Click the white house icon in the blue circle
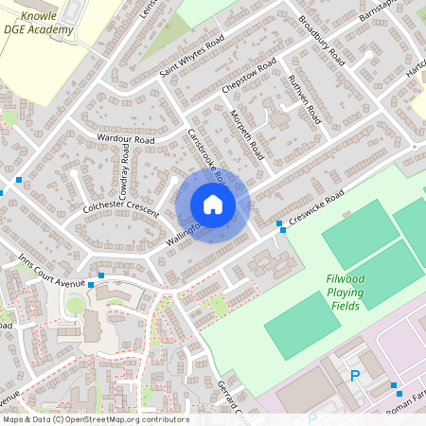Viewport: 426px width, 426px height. point(213,204)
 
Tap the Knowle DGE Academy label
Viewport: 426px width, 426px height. point(40,24)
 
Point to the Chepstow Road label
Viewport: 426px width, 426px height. point(248,75)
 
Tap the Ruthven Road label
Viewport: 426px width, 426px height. point(305,96)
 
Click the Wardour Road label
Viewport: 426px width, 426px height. point(125,139)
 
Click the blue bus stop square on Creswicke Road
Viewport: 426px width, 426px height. point(280,224)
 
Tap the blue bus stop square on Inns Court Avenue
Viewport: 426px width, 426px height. point(91,284)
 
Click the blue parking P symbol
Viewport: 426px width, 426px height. point(356,376)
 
